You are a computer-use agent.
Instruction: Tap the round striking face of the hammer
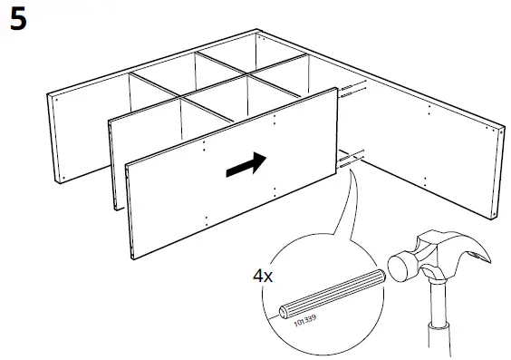[x=399, y=269]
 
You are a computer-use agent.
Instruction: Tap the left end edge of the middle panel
[x=112, y=163]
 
